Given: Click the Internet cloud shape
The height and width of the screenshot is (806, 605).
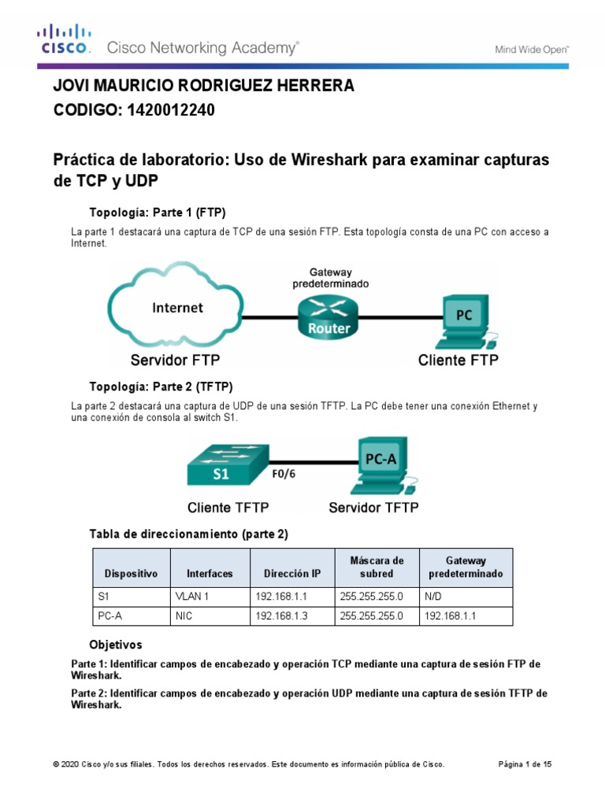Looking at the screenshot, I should point(177,308).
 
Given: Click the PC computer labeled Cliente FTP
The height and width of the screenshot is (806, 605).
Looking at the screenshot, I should point(462,323).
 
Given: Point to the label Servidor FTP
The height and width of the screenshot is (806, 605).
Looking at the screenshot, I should point(176,361).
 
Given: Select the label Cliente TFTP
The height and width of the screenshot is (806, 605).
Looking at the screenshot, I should point(232,507).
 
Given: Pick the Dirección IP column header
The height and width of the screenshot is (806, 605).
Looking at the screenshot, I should point(292,574).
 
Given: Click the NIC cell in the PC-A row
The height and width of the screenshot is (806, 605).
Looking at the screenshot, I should point(184,616).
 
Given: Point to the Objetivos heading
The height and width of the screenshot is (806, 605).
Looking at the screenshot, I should point(116,645).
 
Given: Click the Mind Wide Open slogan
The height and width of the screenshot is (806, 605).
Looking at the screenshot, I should point(532,49).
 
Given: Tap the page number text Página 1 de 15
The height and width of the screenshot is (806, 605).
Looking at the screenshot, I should point(526,764).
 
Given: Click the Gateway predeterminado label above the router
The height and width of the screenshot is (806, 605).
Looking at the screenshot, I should point(329,277).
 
